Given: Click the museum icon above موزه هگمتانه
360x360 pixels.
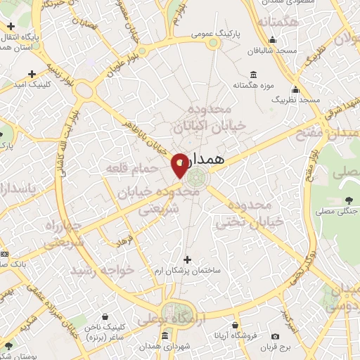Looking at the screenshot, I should pyautogui.click(x=253, y=75).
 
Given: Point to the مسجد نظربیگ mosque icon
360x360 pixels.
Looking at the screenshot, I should pyautogui.click(x=296, y=90).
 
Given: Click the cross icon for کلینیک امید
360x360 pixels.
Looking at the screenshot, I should pyautogui.click(x=32, y=74).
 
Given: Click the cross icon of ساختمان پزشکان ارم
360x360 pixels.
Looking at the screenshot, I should pyautogui.click(x=186, y=260).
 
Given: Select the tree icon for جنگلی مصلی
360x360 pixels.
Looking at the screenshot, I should pyautogui.click(x=345, y=198).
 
